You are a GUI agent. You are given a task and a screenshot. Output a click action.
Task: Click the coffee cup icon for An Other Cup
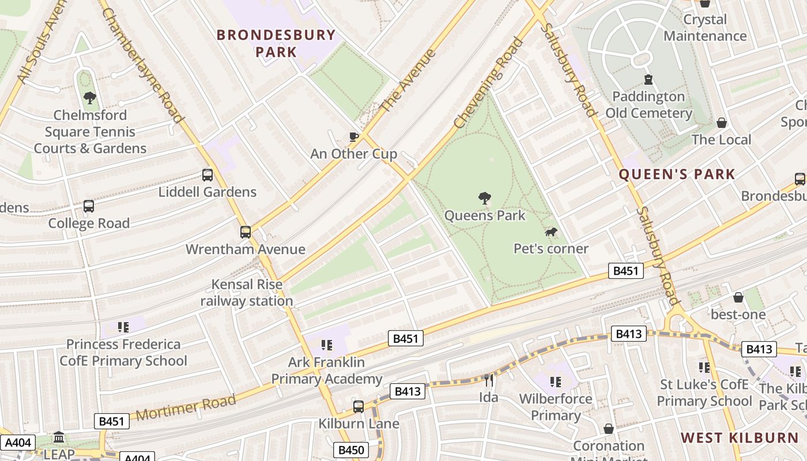(354, 137)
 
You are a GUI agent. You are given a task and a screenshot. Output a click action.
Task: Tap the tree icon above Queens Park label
(485, 198)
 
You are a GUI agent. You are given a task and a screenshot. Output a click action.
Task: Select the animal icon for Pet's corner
(551, 232)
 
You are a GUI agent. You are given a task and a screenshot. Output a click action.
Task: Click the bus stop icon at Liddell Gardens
(208, 175)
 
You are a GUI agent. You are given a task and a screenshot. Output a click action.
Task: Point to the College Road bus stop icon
(89, 206)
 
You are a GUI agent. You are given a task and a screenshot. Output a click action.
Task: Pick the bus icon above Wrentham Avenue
(246, 232)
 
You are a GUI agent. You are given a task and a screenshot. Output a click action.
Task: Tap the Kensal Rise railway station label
(247, 293)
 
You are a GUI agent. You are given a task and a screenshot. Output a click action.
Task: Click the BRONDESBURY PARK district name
(276, 43)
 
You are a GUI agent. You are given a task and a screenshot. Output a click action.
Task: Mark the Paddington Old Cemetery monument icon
(648, 79)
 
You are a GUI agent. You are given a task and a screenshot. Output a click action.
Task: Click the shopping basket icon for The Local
(721, 123)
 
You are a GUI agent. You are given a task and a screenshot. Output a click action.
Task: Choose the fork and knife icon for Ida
(489, 380)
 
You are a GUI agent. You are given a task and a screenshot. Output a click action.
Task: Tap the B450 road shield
(350, 449)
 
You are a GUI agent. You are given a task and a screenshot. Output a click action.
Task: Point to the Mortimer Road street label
(186, 408)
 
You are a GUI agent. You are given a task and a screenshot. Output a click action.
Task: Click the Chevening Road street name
(489, 83)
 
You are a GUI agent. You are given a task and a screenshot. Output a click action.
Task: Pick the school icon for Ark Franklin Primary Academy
(327, 345)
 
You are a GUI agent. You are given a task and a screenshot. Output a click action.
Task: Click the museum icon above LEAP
(59, 437)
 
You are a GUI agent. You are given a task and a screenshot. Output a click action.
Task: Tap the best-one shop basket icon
(738, 297)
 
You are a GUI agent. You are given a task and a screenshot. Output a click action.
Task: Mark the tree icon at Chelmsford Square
(89, 97)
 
